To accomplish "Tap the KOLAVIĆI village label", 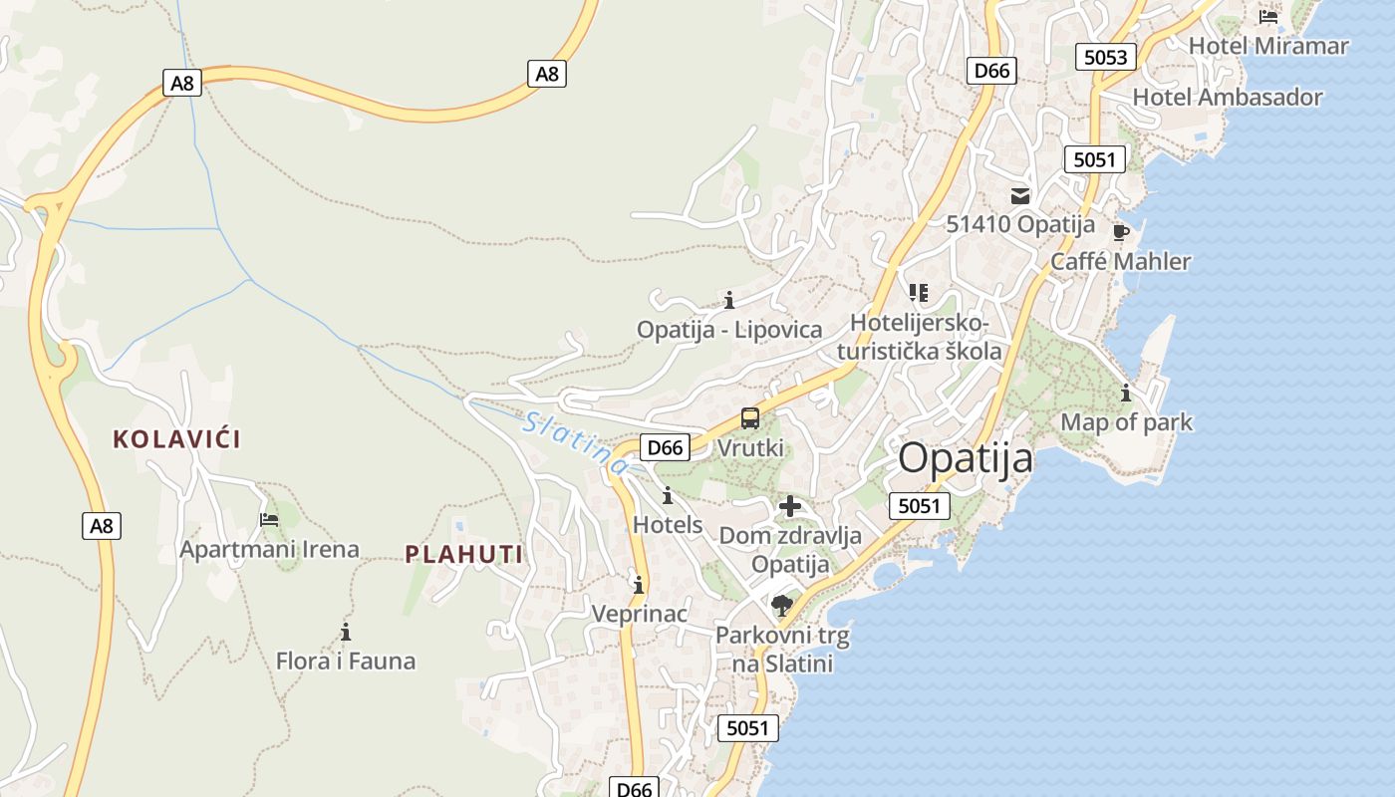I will coord(176,439).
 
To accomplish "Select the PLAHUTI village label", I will coord(464,555).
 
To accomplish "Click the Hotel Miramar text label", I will coord(1268,46).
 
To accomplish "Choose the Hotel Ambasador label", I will coord(1228,98).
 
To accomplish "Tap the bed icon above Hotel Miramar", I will coord(1268,17).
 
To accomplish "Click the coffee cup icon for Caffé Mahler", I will coord(1121,233).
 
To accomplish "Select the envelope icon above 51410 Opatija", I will coord(1020,196).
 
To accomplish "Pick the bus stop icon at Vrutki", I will coord(750,419).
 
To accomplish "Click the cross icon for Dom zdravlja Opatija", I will coord(790,506).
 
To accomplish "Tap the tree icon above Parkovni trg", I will coord(782,606).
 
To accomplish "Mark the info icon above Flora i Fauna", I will coord(346,632).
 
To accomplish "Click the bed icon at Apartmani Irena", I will coord(269,520).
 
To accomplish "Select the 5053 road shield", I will coord(1105,57).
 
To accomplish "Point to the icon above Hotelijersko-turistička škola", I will coord(919,293).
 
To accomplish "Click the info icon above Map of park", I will coord(1126,394).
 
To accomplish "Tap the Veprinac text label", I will coord(640,614).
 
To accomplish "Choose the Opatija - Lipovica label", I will coord(729,330).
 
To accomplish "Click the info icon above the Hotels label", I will coord(668,495).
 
